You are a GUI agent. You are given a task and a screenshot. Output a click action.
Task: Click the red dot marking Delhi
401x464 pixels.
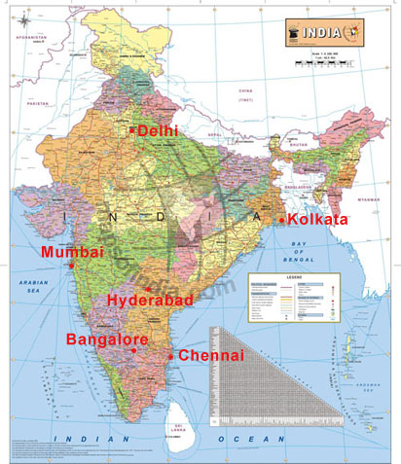132,129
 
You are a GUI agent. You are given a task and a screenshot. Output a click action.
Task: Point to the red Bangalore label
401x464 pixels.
106,339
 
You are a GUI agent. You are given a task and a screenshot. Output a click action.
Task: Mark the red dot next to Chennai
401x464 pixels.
172,356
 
